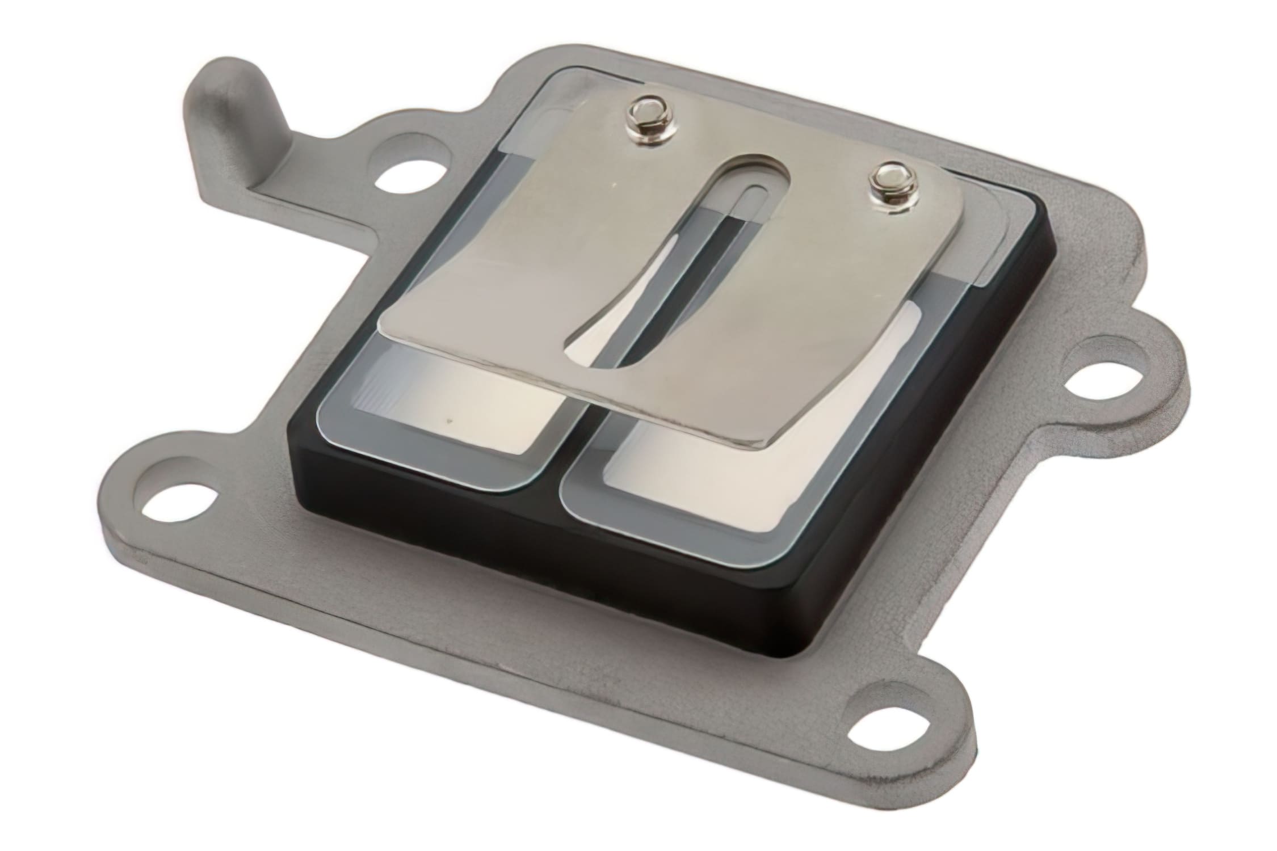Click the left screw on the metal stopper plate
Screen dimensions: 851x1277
click(x=647, y=129)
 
